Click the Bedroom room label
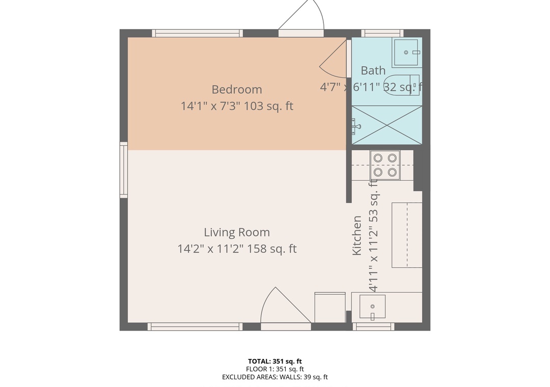[x=237, y=90]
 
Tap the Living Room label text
[x=237, y=232]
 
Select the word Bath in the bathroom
[x=373, y=70]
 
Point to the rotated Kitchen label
[x=356, y=235]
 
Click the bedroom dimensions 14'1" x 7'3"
[x=210, y=106]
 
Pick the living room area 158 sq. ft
[x=272, y=249]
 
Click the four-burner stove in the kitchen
[x=385, y=165]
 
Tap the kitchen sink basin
[x=372, y=307]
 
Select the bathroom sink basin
[x=406, y=52]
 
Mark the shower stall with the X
[x=387, y=125]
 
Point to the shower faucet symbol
[x=355, y=127]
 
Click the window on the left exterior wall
[x=123, y=170]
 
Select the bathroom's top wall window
[x=382, y=33]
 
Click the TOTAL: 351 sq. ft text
[x=275, y=362]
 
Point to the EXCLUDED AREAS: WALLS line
[x=275, y=377]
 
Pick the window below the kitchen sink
[x=374, y=326]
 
